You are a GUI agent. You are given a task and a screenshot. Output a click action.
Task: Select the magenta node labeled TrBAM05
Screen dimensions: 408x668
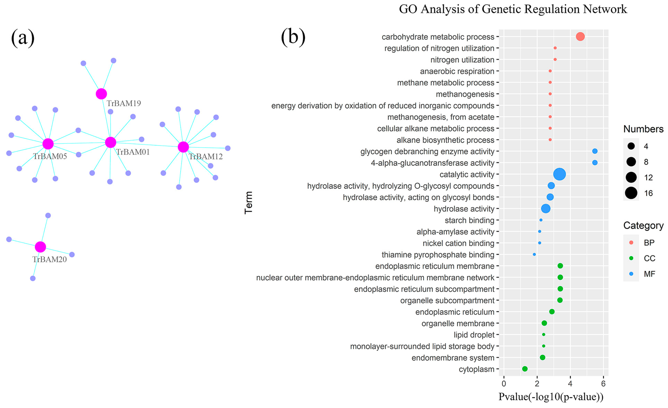click(48, 144)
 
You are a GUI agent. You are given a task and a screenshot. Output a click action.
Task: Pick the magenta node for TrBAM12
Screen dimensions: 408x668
click(183, 147)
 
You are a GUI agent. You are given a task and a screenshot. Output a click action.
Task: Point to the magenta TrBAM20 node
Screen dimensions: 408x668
click(40, 247)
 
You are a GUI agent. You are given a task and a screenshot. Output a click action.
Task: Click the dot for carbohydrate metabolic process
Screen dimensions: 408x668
click(580, 36)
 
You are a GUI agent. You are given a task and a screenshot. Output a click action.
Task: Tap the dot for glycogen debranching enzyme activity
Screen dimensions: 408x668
click(595, 151)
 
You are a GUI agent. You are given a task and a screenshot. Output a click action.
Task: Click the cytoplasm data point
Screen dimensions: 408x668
click(525, 369)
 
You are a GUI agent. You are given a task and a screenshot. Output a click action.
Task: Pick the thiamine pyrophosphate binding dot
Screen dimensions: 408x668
click(534, 254)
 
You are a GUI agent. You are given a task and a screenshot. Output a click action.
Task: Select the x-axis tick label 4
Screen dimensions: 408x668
click(570, 384)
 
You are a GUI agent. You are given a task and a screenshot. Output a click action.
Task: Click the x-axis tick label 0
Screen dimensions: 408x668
click(504, 384)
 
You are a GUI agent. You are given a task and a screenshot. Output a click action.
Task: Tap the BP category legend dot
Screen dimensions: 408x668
click(631, 243)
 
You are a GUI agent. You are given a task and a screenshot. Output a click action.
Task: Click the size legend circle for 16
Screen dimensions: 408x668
click(631, 193)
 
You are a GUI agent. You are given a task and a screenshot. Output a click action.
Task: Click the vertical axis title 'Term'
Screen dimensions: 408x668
click(249, 203)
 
